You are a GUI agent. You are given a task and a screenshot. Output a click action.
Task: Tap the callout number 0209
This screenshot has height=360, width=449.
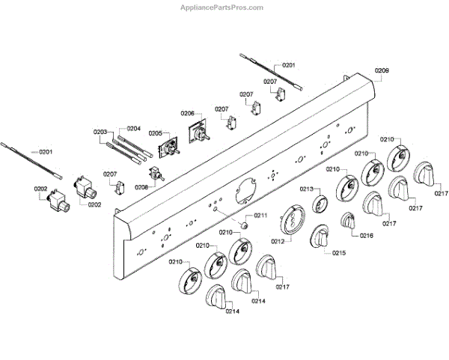(x=382, y=70)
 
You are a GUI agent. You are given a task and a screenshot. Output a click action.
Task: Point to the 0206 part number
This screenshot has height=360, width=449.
(x=187, y=113)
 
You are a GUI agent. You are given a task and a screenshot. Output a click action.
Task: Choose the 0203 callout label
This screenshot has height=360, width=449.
(x=100, y=132)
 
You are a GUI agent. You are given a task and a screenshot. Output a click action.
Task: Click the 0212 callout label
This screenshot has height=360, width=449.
(x=278, y=241)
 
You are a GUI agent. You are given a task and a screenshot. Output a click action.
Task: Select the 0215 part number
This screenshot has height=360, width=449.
(x=339, y=253)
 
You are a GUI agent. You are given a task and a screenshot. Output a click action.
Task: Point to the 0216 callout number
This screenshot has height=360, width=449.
(x=366, y=235)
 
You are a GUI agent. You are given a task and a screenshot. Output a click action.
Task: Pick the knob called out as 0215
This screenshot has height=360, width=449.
(x=320, y=240)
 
